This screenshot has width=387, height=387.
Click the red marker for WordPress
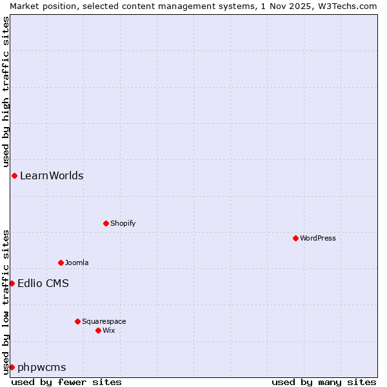coord(295,238)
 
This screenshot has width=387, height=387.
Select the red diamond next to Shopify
coord(106,223)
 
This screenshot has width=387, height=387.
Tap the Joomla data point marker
coord(61,263)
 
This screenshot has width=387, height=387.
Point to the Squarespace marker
coord(77,321)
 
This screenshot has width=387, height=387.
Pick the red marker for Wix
coord(98,330)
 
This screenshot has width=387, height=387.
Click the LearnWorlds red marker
coord(14,175)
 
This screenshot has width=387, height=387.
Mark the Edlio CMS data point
coord(12,283)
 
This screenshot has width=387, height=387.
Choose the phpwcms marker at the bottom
coord(12,367)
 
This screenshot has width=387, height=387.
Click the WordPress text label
coord(318,238)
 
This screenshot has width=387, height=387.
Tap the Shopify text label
coord(123,223)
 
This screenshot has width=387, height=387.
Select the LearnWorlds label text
coord(52,175)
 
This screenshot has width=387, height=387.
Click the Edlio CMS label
coord(43,283)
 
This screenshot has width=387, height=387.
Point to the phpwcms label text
coord(42,367)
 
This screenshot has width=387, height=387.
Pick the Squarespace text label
coord(104,321)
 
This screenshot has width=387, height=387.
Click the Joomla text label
coord(77,263)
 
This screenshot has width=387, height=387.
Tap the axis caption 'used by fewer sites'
coord(66,382)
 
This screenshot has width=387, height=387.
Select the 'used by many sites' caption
coord(324,382)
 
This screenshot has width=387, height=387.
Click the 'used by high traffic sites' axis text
coord(6,92)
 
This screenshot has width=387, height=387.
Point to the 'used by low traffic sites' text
coord(6,301)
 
